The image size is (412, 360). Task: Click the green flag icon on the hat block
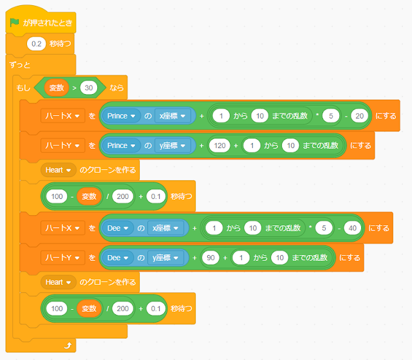point(15,23)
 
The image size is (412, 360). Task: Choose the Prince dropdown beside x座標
point(121,116)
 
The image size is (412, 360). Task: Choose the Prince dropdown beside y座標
point(121,146)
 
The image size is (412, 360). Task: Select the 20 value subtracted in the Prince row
point(359,116)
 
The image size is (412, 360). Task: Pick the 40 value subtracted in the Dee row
point(351,228)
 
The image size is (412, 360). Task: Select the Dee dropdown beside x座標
point(117,228)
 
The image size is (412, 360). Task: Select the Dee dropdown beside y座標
point(117,258)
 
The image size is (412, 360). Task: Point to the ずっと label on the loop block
point(21,66)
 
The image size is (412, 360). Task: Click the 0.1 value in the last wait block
point(156,308)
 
